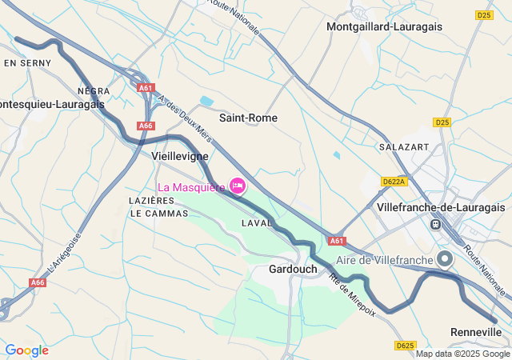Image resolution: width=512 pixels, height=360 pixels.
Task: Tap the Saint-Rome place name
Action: tap(248, 118)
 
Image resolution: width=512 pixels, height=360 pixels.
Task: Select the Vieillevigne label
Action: tap(180, 158)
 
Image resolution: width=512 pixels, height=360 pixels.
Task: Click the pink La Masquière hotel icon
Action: tap(238, 186)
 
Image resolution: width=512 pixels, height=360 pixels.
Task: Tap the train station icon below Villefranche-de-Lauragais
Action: tap(436, 224)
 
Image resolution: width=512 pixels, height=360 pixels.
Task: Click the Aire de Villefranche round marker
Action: tap(446, 258)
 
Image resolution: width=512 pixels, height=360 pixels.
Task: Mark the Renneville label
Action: tap(475, 332)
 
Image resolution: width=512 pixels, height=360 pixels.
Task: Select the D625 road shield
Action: tap(406, 346)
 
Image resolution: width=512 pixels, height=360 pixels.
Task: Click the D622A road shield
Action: tap(394, 182)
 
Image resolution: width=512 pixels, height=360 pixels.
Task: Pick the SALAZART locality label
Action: tap(404, 147)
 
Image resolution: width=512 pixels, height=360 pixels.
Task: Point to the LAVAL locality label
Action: tap(258, 223)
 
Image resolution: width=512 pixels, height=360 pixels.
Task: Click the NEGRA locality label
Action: tap(94, 91)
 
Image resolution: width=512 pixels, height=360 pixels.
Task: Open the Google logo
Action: tap(26, 350)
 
